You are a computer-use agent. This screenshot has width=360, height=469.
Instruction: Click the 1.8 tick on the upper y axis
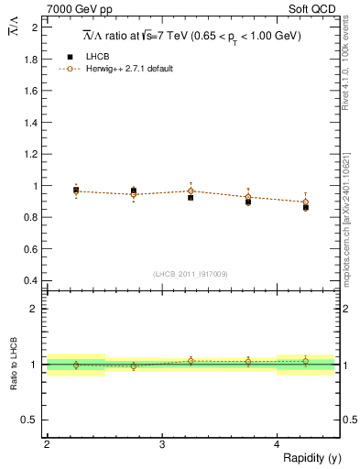point(30,60)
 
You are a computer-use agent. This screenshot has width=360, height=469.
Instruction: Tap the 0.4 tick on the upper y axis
point(30,280)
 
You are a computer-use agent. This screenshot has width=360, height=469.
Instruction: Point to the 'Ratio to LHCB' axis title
point(14,365)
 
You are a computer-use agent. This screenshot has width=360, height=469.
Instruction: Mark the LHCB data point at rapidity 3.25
point(191,197)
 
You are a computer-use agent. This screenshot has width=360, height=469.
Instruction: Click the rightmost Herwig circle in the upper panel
point(306,202)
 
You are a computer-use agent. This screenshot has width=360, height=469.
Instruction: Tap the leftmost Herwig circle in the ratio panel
point(76,365)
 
